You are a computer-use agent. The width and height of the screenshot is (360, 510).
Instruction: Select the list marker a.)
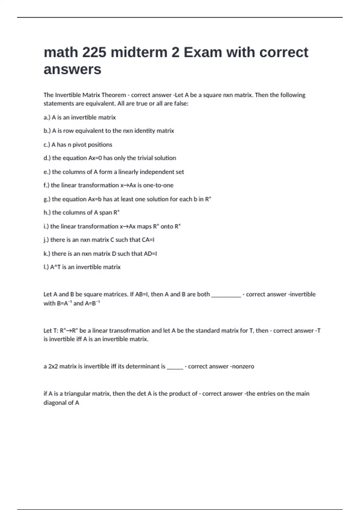tap(47, 117)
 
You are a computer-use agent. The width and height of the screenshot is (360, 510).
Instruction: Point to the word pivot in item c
tap(79, 145)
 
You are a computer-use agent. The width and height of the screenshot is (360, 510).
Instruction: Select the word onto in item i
tap(167, 226)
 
